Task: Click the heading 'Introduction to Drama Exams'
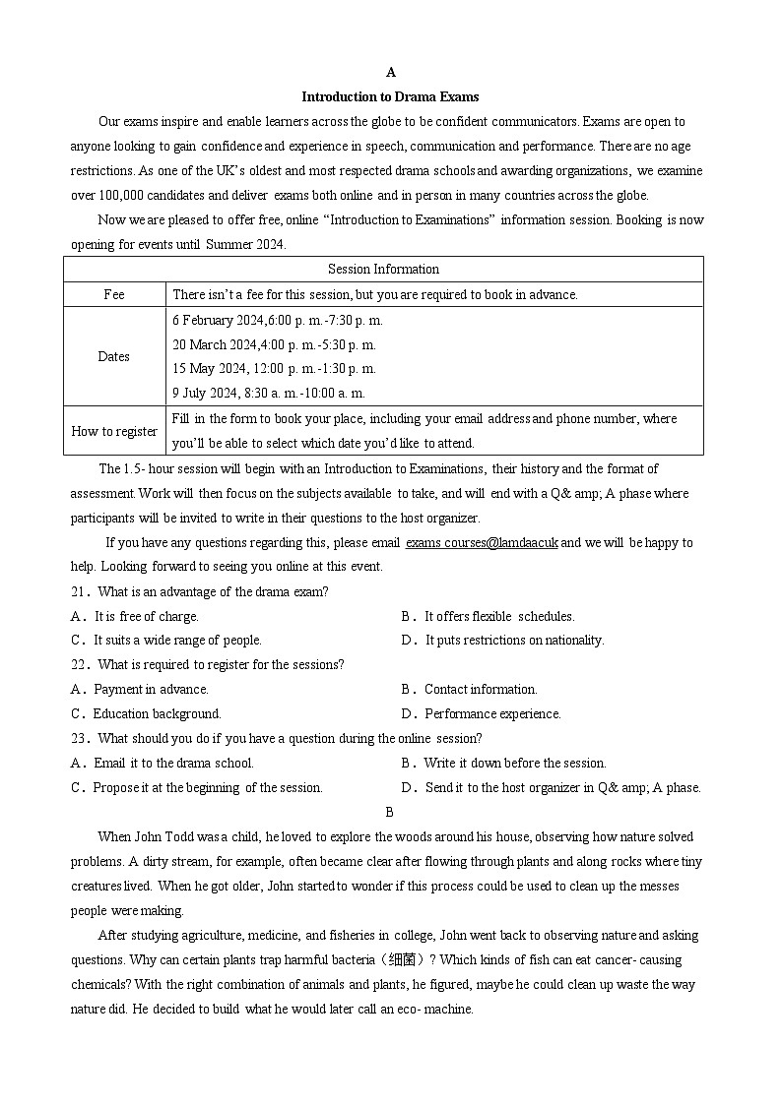coord(390,96)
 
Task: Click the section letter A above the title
coord(390,72)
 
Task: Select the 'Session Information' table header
coord(383,269)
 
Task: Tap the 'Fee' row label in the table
coord(114,294)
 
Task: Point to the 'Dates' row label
coord(114,356)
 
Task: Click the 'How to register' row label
coord(114,431)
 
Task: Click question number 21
coord(81,591)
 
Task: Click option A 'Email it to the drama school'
coord(163,763)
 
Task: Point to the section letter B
coord(390,812)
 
